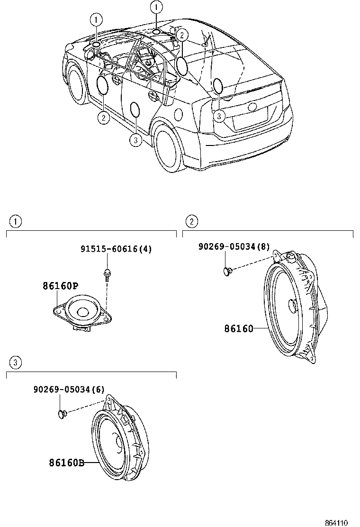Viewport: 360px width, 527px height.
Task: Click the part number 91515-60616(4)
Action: pos(116,249)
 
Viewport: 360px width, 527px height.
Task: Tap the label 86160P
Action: pos(60,286)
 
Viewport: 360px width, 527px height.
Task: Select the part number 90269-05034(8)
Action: pos(234,246)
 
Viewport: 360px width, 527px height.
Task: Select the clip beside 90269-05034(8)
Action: pos(228,271)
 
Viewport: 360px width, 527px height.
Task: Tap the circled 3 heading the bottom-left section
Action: pos(15,363)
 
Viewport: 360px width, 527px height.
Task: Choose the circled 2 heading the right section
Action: pos(191,221)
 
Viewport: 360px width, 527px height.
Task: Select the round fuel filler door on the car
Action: pos(179,114)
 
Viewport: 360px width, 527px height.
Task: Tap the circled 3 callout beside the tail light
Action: pos(218,116)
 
